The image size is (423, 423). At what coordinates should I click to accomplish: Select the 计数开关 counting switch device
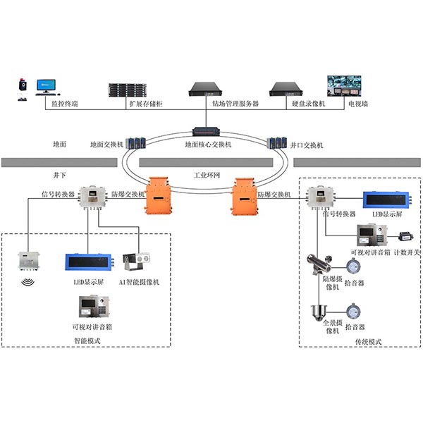pyautogui.click(x=406, y=237)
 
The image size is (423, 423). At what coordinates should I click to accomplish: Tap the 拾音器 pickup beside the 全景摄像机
pyautogui.click(x=353, y=311)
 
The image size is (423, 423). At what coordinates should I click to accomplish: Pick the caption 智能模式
pyautogui.click(x=87, y=341)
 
